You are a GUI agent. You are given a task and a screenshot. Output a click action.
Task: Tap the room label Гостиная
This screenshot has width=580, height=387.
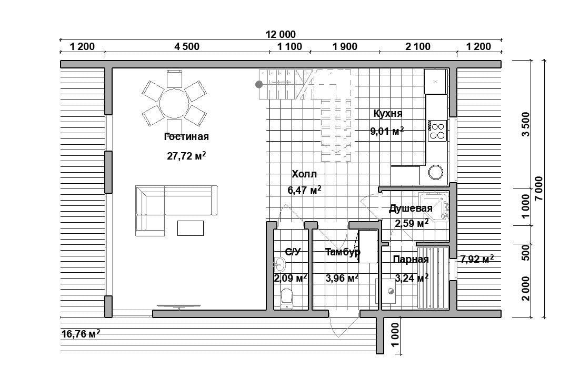point(186,137)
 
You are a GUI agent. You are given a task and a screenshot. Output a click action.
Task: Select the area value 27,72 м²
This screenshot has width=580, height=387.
point(186,156)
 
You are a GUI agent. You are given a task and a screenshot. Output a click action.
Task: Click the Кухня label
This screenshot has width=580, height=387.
point(388,113)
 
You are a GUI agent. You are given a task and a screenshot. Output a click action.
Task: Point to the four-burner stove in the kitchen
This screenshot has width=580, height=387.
point(437,131)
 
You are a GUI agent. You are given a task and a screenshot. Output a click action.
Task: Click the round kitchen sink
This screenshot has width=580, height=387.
point(436,172)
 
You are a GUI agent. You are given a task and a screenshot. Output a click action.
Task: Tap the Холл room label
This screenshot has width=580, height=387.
point(304,174)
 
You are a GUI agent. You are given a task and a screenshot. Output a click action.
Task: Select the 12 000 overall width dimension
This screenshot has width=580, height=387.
point(281,34)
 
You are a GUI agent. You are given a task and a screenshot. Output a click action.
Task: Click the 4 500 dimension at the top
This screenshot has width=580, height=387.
point(187,47)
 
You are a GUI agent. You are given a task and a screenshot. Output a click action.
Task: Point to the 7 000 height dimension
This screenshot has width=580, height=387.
point(538,188)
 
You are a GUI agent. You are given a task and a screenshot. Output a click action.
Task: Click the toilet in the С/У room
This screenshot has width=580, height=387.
point(286,299)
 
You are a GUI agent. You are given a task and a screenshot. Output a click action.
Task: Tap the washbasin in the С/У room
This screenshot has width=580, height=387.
point(279,264)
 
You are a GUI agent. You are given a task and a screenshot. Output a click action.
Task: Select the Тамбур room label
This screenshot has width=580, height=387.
point(343,252)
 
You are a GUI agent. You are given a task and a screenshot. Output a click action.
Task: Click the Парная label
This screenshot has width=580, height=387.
point(411,260)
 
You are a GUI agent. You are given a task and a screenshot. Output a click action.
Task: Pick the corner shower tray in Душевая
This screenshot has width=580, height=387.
point(434,207)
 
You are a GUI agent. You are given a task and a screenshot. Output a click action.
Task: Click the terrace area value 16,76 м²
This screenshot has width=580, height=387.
point(81,334)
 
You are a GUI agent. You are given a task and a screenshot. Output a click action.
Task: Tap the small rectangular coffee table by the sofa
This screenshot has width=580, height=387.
point(191,228)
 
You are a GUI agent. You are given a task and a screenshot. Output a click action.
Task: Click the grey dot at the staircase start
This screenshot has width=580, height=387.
point(259,84)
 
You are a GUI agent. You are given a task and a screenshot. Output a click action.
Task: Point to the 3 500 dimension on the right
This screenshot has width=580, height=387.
point(526,124)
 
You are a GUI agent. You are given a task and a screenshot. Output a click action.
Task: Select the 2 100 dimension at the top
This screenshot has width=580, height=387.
point(418,47)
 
